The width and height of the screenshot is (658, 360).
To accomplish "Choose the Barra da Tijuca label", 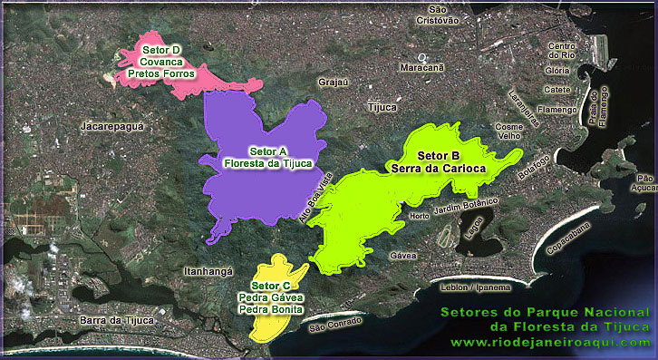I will [117, 320].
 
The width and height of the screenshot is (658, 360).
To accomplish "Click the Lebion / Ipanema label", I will [472, 287].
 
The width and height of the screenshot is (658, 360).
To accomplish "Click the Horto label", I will [420, 216].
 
